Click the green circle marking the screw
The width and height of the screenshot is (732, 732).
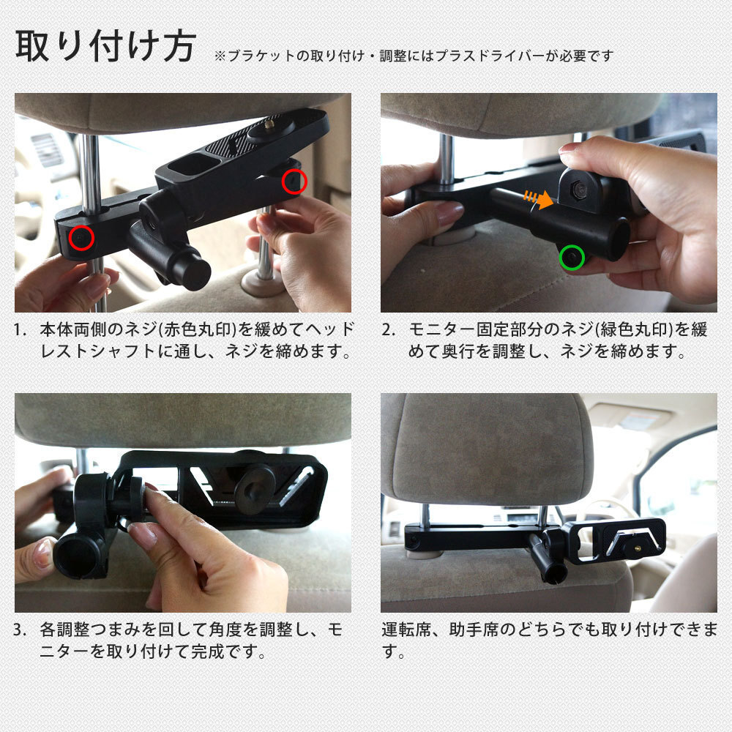click(572, 247)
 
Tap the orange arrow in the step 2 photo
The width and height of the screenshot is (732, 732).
click(539, 198)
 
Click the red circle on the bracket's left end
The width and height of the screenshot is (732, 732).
click(82, 238)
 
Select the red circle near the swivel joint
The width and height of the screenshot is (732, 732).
click(294, 181)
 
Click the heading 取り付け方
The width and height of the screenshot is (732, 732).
click(105, 45)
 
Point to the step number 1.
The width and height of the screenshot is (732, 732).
click(20, 329)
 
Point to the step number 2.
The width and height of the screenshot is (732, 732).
click(389, 329)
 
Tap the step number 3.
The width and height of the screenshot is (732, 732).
click(20, 630)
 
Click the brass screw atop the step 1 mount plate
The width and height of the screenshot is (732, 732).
click(269, 125)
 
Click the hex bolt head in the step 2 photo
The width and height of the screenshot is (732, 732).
click(580, 189)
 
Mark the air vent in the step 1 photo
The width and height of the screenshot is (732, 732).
click(47, 149)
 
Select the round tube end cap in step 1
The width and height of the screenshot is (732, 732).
click(194, 274)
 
